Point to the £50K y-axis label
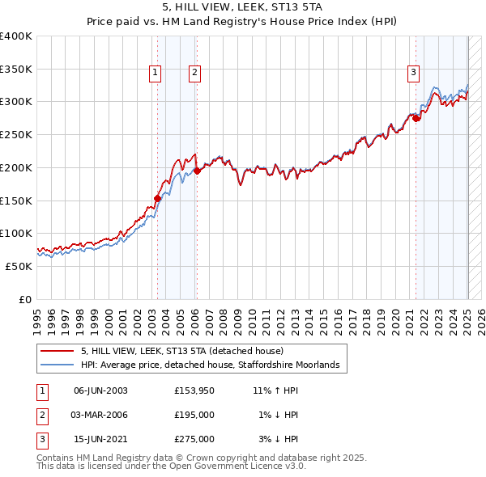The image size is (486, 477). coord(18,266)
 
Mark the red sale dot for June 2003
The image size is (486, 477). coord(158,197)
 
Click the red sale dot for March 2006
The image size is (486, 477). coord(197,171)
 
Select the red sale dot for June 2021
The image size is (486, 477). coord(416,118)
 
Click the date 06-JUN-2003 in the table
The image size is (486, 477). coord(100,390)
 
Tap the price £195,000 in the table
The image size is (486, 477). coord(194,415)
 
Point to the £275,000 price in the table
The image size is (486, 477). coord(194,439)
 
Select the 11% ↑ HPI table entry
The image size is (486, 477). coord(275,390)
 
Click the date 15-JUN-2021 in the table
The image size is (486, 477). coord(100,439)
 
